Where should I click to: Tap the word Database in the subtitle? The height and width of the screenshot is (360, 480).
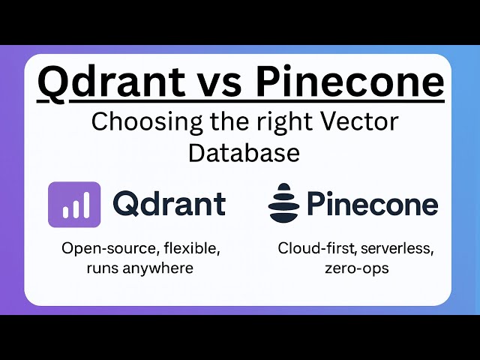coord(244,151)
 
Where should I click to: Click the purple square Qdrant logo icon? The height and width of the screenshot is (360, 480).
coord(74,205)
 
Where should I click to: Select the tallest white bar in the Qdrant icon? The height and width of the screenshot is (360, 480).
coord(85,205)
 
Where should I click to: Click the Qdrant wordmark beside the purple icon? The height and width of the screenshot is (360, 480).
coord(169,204)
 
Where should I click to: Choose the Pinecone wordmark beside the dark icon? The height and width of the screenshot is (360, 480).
coord(373,204)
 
